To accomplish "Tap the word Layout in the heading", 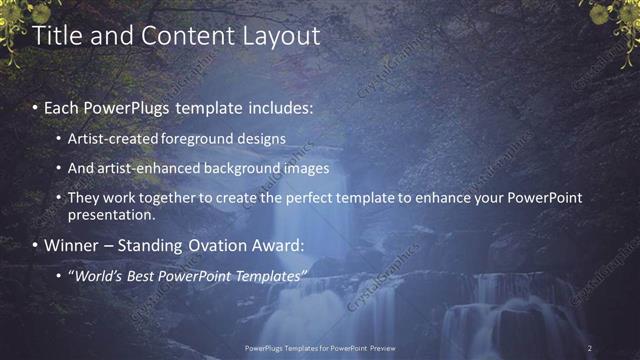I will (x=283, y=36).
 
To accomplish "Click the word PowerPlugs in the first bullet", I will (x=125, y=106).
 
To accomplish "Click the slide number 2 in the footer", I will (x=590, y=348).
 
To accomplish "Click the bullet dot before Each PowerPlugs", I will (x=36, y=107).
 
